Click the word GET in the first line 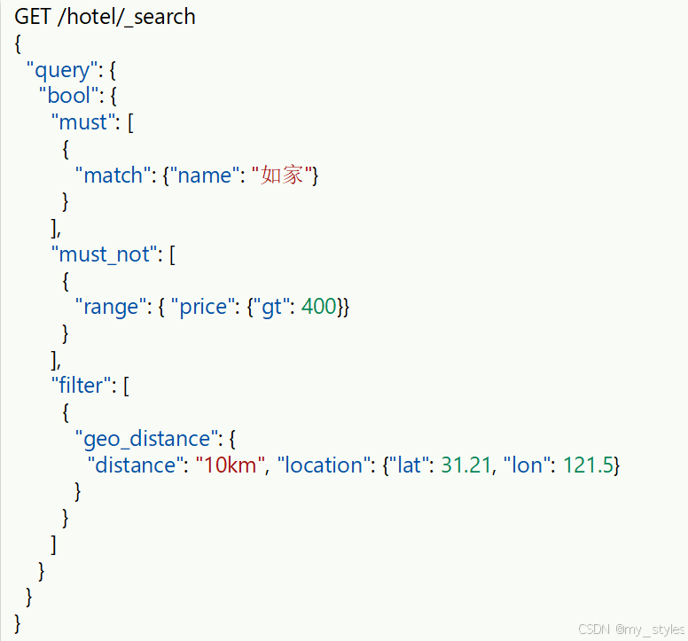coord(32,17)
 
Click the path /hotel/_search coord(126,17)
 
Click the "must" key coord(83,122)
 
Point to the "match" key coord(113,176)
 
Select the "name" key coord(205,176)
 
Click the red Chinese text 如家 coord(283,176)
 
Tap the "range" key coord(112,307)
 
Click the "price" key coord(204,307)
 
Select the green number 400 coord(319,307)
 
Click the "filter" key coord(82,386)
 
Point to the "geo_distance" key coord(146,438)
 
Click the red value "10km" coord(231,465)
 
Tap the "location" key coord(321,465)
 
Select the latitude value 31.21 coord(465,465)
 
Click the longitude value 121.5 coord(588,465)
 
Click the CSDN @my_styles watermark coord(631,629)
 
